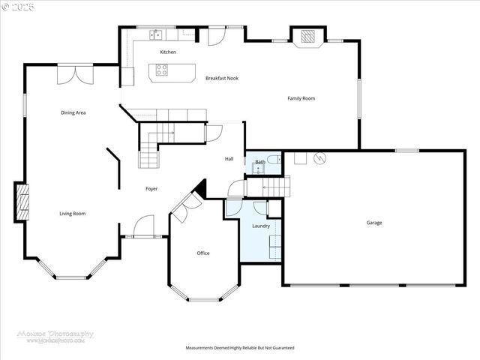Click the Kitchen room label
click(168, 52)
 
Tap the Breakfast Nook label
click(222, 78)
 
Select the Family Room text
click(301, 98)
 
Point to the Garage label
click(374, 223)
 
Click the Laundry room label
click(260, 226)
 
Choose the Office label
click(203, 253)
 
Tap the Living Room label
click(73, 214)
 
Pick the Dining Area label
click(73, 112)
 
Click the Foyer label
click(151, 188)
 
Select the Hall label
click(229, 159)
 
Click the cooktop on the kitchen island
click(162, 71)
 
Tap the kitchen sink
click(157, 34)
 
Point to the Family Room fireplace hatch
click(307, 35)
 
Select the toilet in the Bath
click(274, 158)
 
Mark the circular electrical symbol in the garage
click(320, 158)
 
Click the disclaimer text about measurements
click(240, 348)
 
